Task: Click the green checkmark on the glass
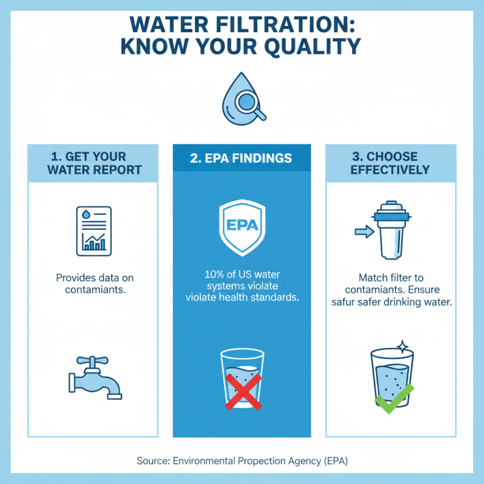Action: click(394, 396)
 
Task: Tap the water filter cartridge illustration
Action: click(393, 230)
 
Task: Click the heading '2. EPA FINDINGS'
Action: click(241, 159)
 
